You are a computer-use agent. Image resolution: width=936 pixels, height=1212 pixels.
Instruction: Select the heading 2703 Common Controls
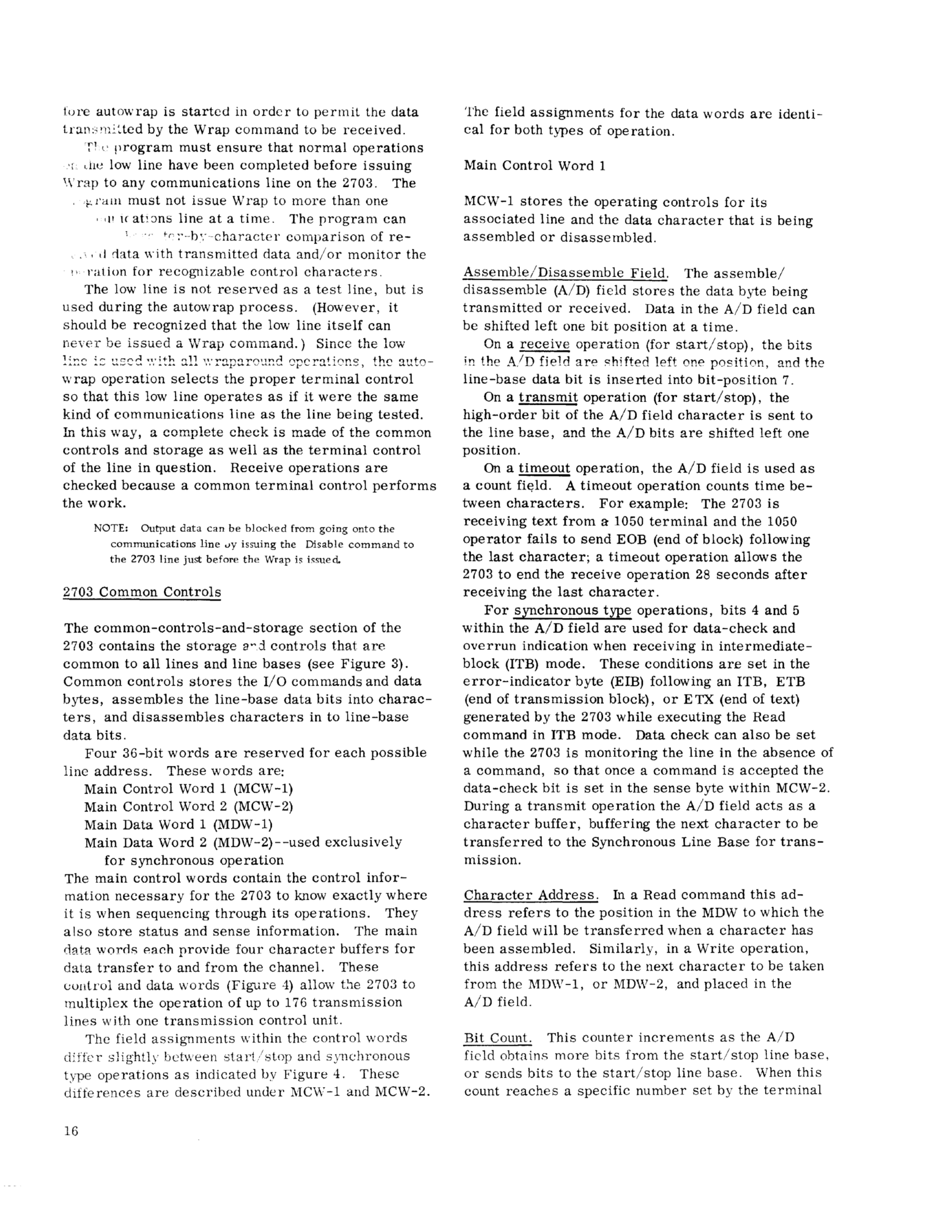(142, 592)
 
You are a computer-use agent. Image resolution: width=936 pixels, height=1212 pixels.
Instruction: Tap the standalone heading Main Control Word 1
(534, 166)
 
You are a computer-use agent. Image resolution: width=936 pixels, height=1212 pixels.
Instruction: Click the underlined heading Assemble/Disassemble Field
(566, 273)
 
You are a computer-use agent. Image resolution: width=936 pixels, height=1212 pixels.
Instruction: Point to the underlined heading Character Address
(530, 894)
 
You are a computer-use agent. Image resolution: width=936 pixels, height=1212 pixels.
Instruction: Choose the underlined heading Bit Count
(498, 1037)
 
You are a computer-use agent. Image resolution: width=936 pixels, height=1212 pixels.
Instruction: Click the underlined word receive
(544, 345)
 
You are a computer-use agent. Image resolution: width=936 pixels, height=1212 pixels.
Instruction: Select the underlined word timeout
(544, 468)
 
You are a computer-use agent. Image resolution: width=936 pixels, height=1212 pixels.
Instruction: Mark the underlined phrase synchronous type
(572, 610)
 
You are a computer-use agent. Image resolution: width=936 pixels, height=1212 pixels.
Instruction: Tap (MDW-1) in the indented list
(242, 824)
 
